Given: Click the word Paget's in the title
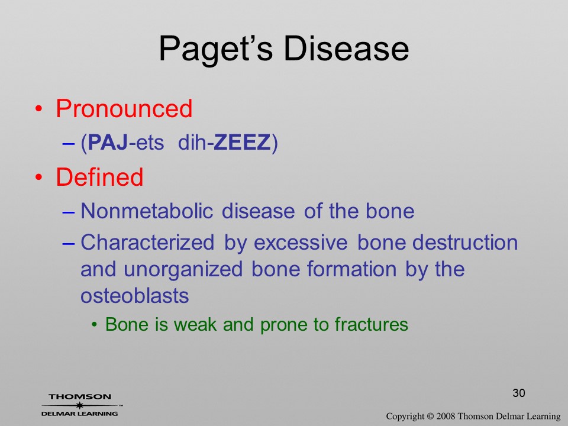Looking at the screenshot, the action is pos(216,49).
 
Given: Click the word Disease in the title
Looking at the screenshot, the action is pos(346,49).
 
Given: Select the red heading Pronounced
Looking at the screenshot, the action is pos(124,108).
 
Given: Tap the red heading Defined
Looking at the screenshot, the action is pos(99,177).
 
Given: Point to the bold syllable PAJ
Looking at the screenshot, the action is pos(108,142).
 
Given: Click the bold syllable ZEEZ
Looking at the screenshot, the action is pos(242,142).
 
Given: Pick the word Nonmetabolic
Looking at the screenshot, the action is pos(147,211).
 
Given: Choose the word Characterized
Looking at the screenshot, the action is pos(147,242).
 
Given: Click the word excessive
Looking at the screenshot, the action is pos(301,243).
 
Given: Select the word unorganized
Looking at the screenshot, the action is pos(183,270).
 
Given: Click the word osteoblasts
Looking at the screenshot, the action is pos(135,296).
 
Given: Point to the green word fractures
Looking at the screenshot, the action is pos(372,324).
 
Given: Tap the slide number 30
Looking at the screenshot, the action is pos(519,393).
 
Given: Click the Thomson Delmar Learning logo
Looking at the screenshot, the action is pos(81,405).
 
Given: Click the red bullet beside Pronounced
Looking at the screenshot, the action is pos(39,109).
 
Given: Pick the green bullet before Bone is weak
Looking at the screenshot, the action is pos(95,325).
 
